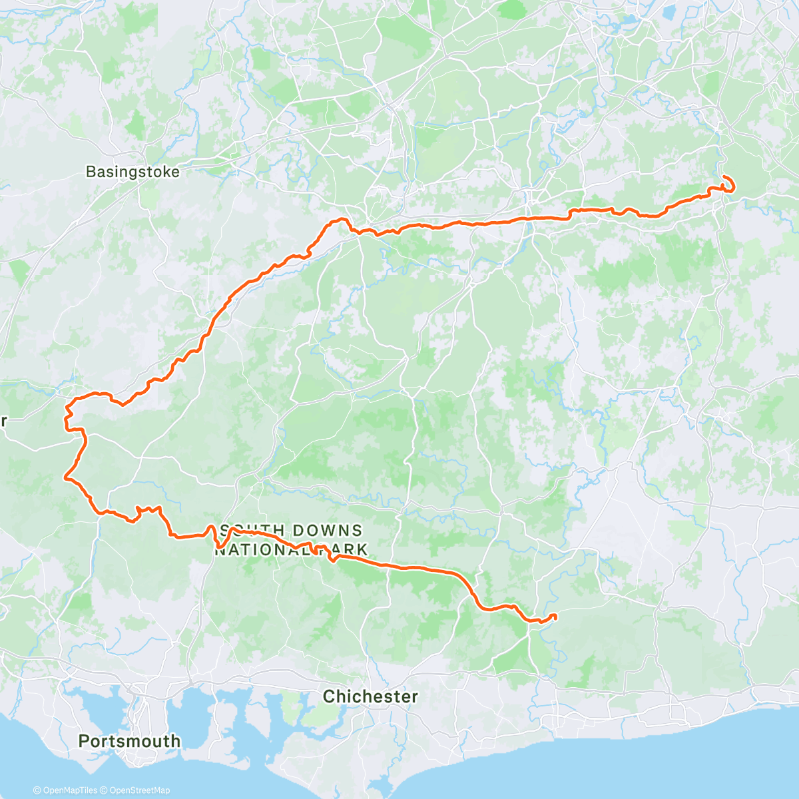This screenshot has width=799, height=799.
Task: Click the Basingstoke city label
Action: click(133, 172)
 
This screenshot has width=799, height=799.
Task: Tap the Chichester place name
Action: click(370, 696)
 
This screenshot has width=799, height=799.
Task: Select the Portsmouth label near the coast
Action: click(129, 741)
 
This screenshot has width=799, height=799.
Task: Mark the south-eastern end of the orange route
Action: click(555, 615)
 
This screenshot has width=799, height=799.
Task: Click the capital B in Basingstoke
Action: click(91, 172)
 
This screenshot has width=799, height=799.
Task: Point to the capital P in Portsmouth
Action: click(83, 741)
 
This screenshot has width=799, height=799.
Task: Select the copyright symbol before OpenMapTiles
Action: click(37, 790)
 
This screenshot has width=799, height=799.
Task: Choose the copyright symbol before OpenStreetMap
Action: click(105, 790)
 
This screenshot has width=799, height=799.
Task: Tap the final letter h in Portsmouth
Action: click(176, 741)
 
